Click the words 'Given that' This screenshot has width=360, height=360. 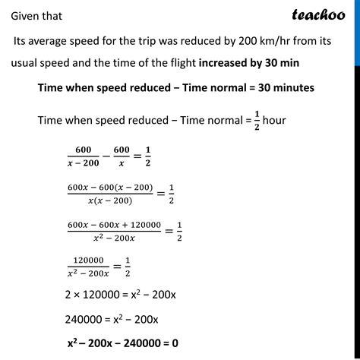click(36, 14)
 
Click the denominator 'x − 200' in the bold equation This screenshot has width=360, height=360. click(84, 163)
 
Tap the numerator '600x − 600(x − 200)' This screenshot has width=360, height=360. click(110, 188)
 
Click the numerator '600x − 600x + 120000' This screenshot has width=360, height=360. click(114, 225)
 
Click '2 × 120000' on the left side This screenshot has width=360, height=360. click(96, 293)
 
